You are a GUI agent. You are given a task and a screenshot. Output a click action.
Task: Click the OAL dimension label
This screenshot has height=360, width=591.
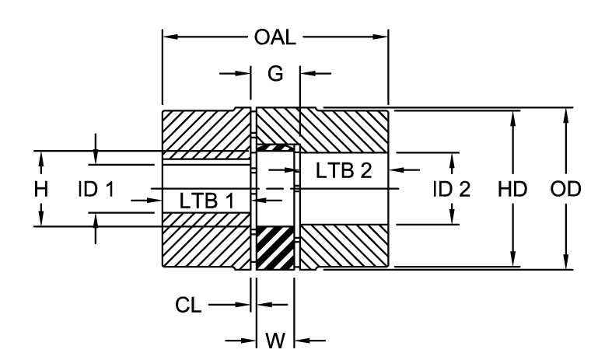275,36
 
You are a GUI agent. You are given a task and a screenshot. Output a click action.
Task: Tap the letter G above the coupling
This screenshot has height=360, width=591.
275,74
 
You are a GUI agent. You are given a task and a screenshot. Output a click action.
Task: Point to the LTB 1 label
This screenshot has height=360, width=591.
206,200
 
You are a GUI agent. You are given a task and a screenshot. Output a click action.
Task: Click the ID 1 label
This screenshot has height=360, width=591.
96,189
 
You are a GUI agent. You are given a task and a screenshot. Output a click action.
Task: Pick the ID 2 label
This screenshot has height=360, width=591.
452,189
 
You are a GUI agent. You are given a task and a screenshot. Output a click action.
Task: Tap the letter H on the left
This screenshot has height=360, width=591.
41,189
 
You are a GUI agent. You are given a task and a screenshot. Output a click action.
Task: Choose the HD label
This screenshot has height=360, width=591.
512,189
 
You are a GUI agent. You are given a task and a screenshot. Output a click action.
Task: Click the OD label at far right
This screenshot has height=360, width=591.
566,189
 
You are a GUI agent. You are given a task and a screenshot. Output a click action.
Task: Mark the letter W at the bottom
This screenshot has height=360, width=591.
275,340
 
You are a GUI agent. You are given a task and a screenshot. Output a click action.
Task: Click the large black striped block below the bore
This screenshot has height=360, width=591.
275,248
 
